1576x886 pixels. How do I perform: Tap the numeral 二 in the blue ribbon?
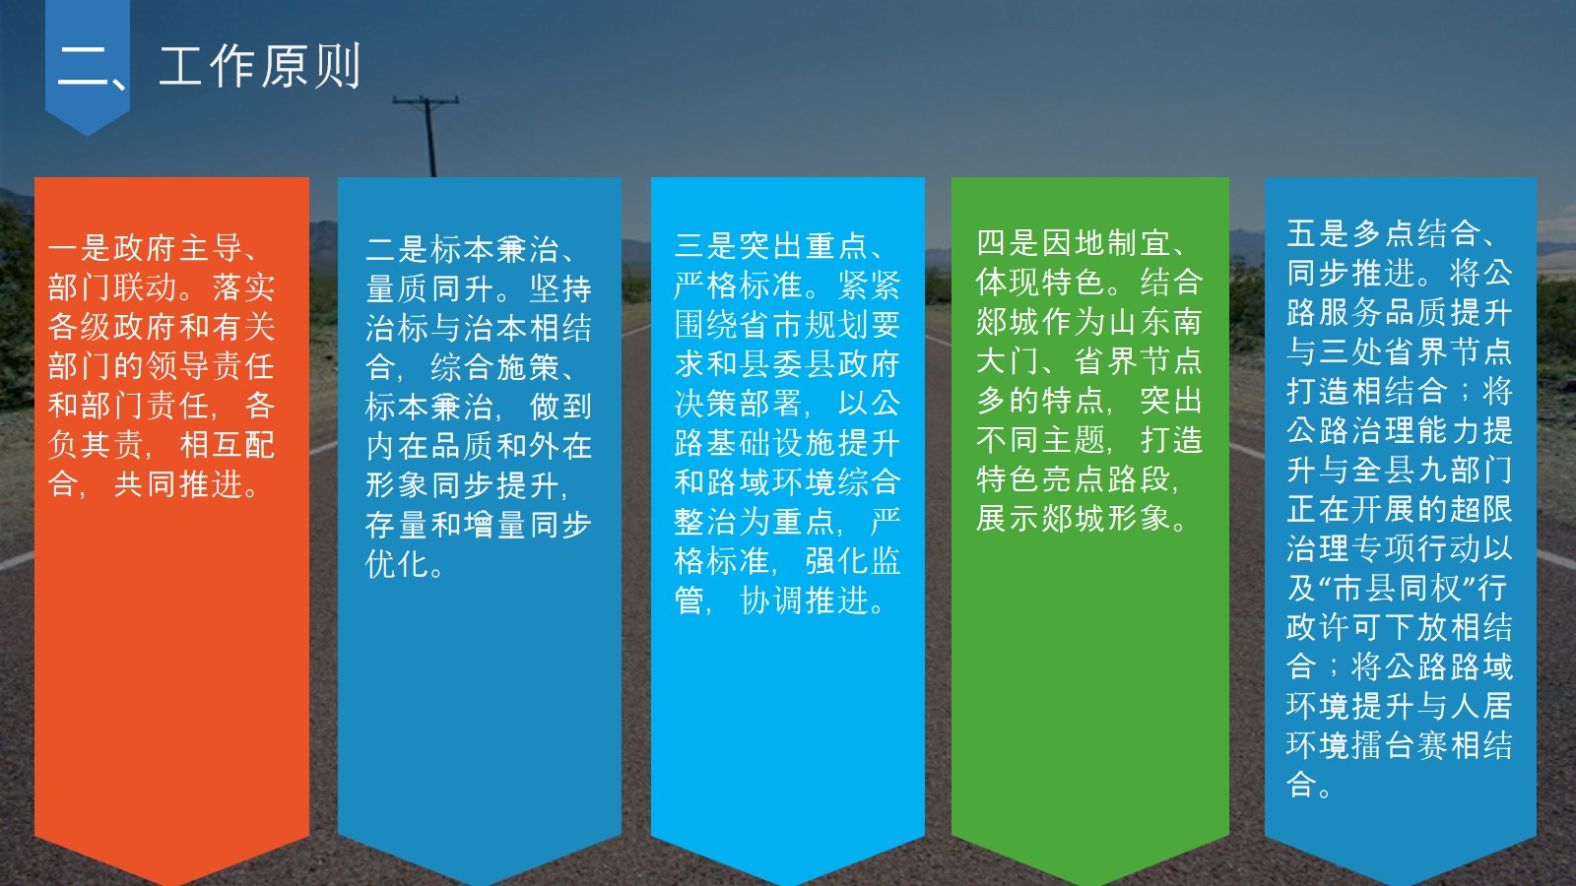[x=83, y=67]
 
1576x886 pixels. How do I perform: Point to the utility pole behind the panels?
[x=427, y=136]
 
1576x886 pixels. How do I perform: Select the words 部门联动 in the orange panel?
[x=112, y=286]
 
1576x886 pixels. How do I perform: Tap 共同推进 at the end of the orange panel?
[x=178, y=483]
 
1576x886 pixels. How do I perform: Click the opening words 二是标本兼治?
[x=463, y=249]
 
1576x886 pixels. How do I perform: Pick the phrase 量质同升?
[x=430, y=288]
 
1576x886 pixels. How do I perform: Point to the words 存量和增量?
[x=444, y=525]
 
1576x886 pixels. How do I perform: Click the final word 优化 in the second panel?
[x=398, y=564]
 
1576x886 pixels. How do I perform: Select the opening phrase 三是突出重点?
[x=772, y=246]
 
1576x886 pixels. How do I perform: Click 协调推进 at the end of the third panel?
[x=804, y=601]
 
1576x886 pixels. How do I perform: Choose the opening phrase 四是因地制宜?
[x=1074, y=243]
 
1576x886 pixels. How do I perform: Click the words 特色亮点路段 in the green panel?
[x=1074, y=479]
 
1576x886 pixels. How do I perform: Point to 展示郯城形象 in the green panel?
[x=1074, y=519]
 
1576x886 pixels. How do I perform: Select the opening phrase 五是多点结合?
[x=1384, y=233]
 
